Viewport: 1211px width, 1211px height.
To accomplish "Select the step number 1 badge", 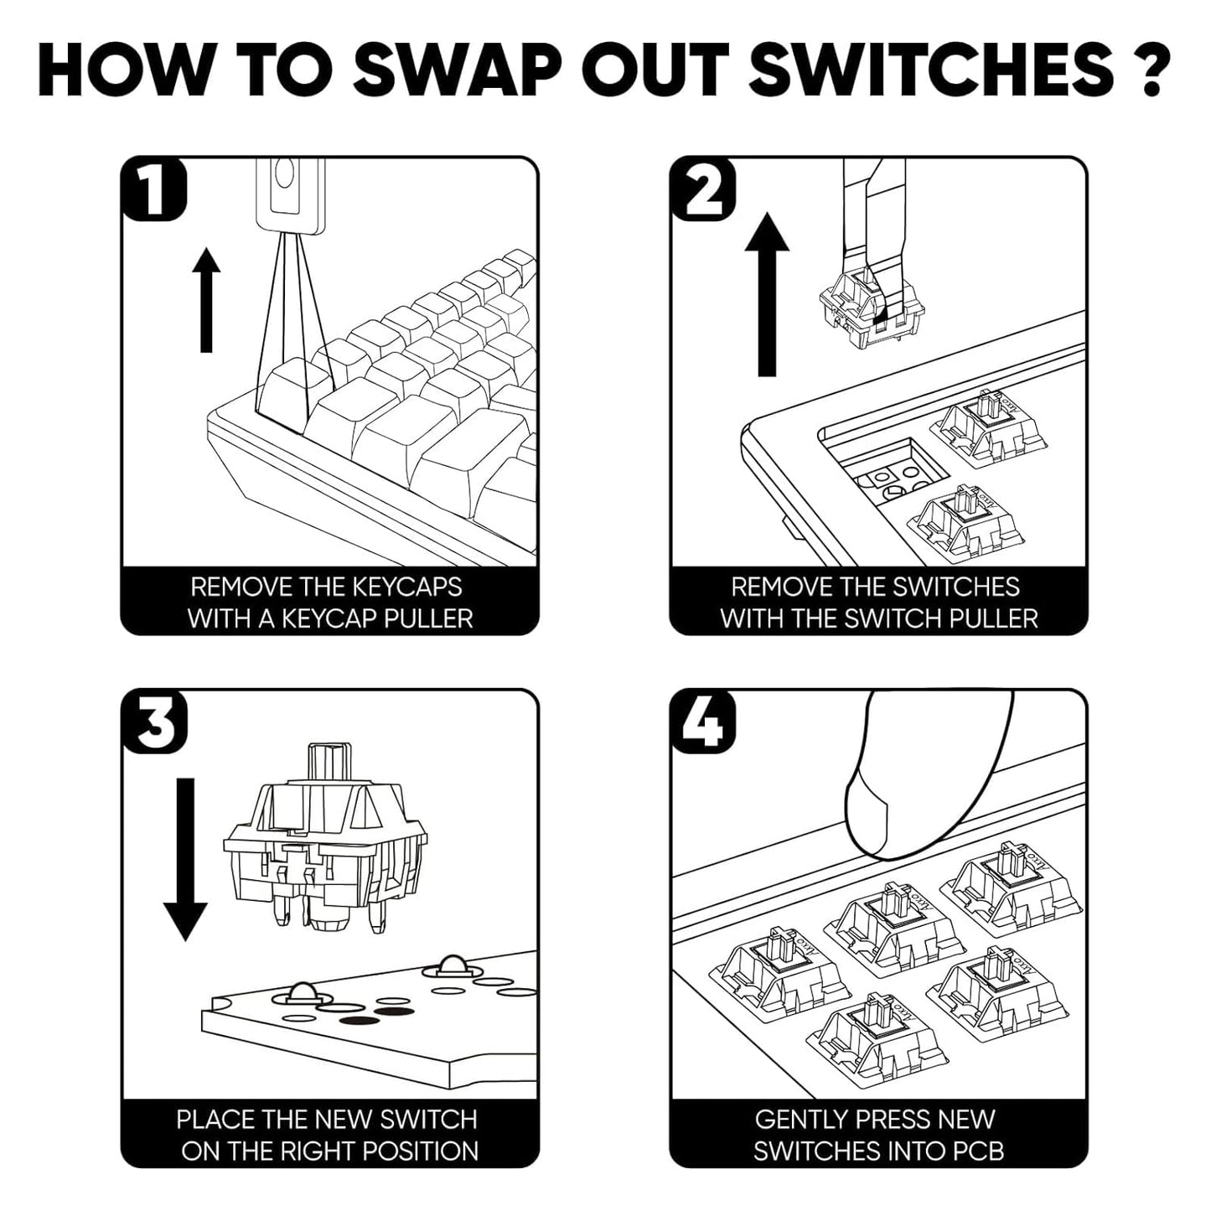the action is (x=153, y=188).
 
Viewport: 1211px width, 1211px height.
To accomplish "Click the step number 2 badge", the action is (x=702, y=188).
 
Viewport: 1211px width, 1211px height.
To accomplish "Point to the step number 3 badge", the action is (x=153, y=721).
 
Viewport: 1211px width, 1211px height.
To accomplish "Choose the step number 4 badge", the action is (x=702, y=721).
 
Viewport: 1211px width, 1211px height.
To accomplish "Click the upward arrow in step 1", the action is (x=206, y=300).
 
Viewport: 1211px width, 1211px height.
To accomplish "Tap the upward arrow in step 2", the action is (x=767, y=294).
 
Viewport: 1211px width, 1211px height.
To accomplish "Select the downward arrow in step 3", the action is (x=184, y=859).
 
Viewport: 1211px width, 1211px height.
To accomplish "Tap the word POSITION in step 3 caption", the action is (x=421, y=1152).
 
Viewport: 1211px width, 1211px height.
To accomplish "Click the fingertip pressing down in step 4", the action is (x=880, y=810).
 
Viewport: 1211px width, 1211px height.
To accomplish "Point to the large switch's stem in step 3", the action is (x=329, y=763).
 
